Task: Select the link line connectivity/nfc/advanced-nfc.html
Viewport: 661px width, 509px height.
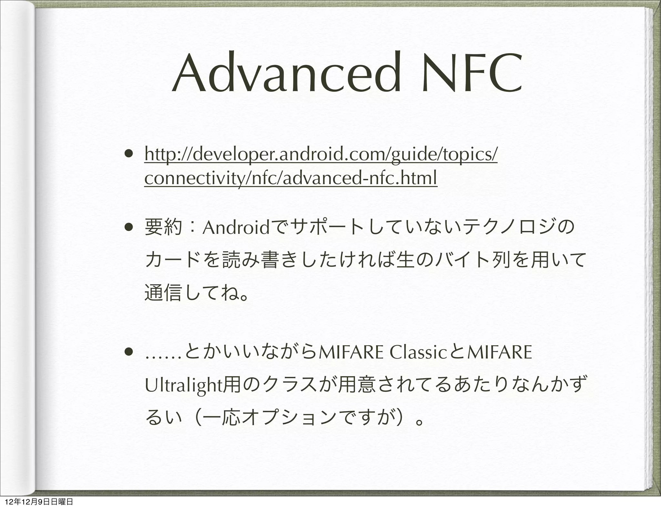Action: click(290, 178)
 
